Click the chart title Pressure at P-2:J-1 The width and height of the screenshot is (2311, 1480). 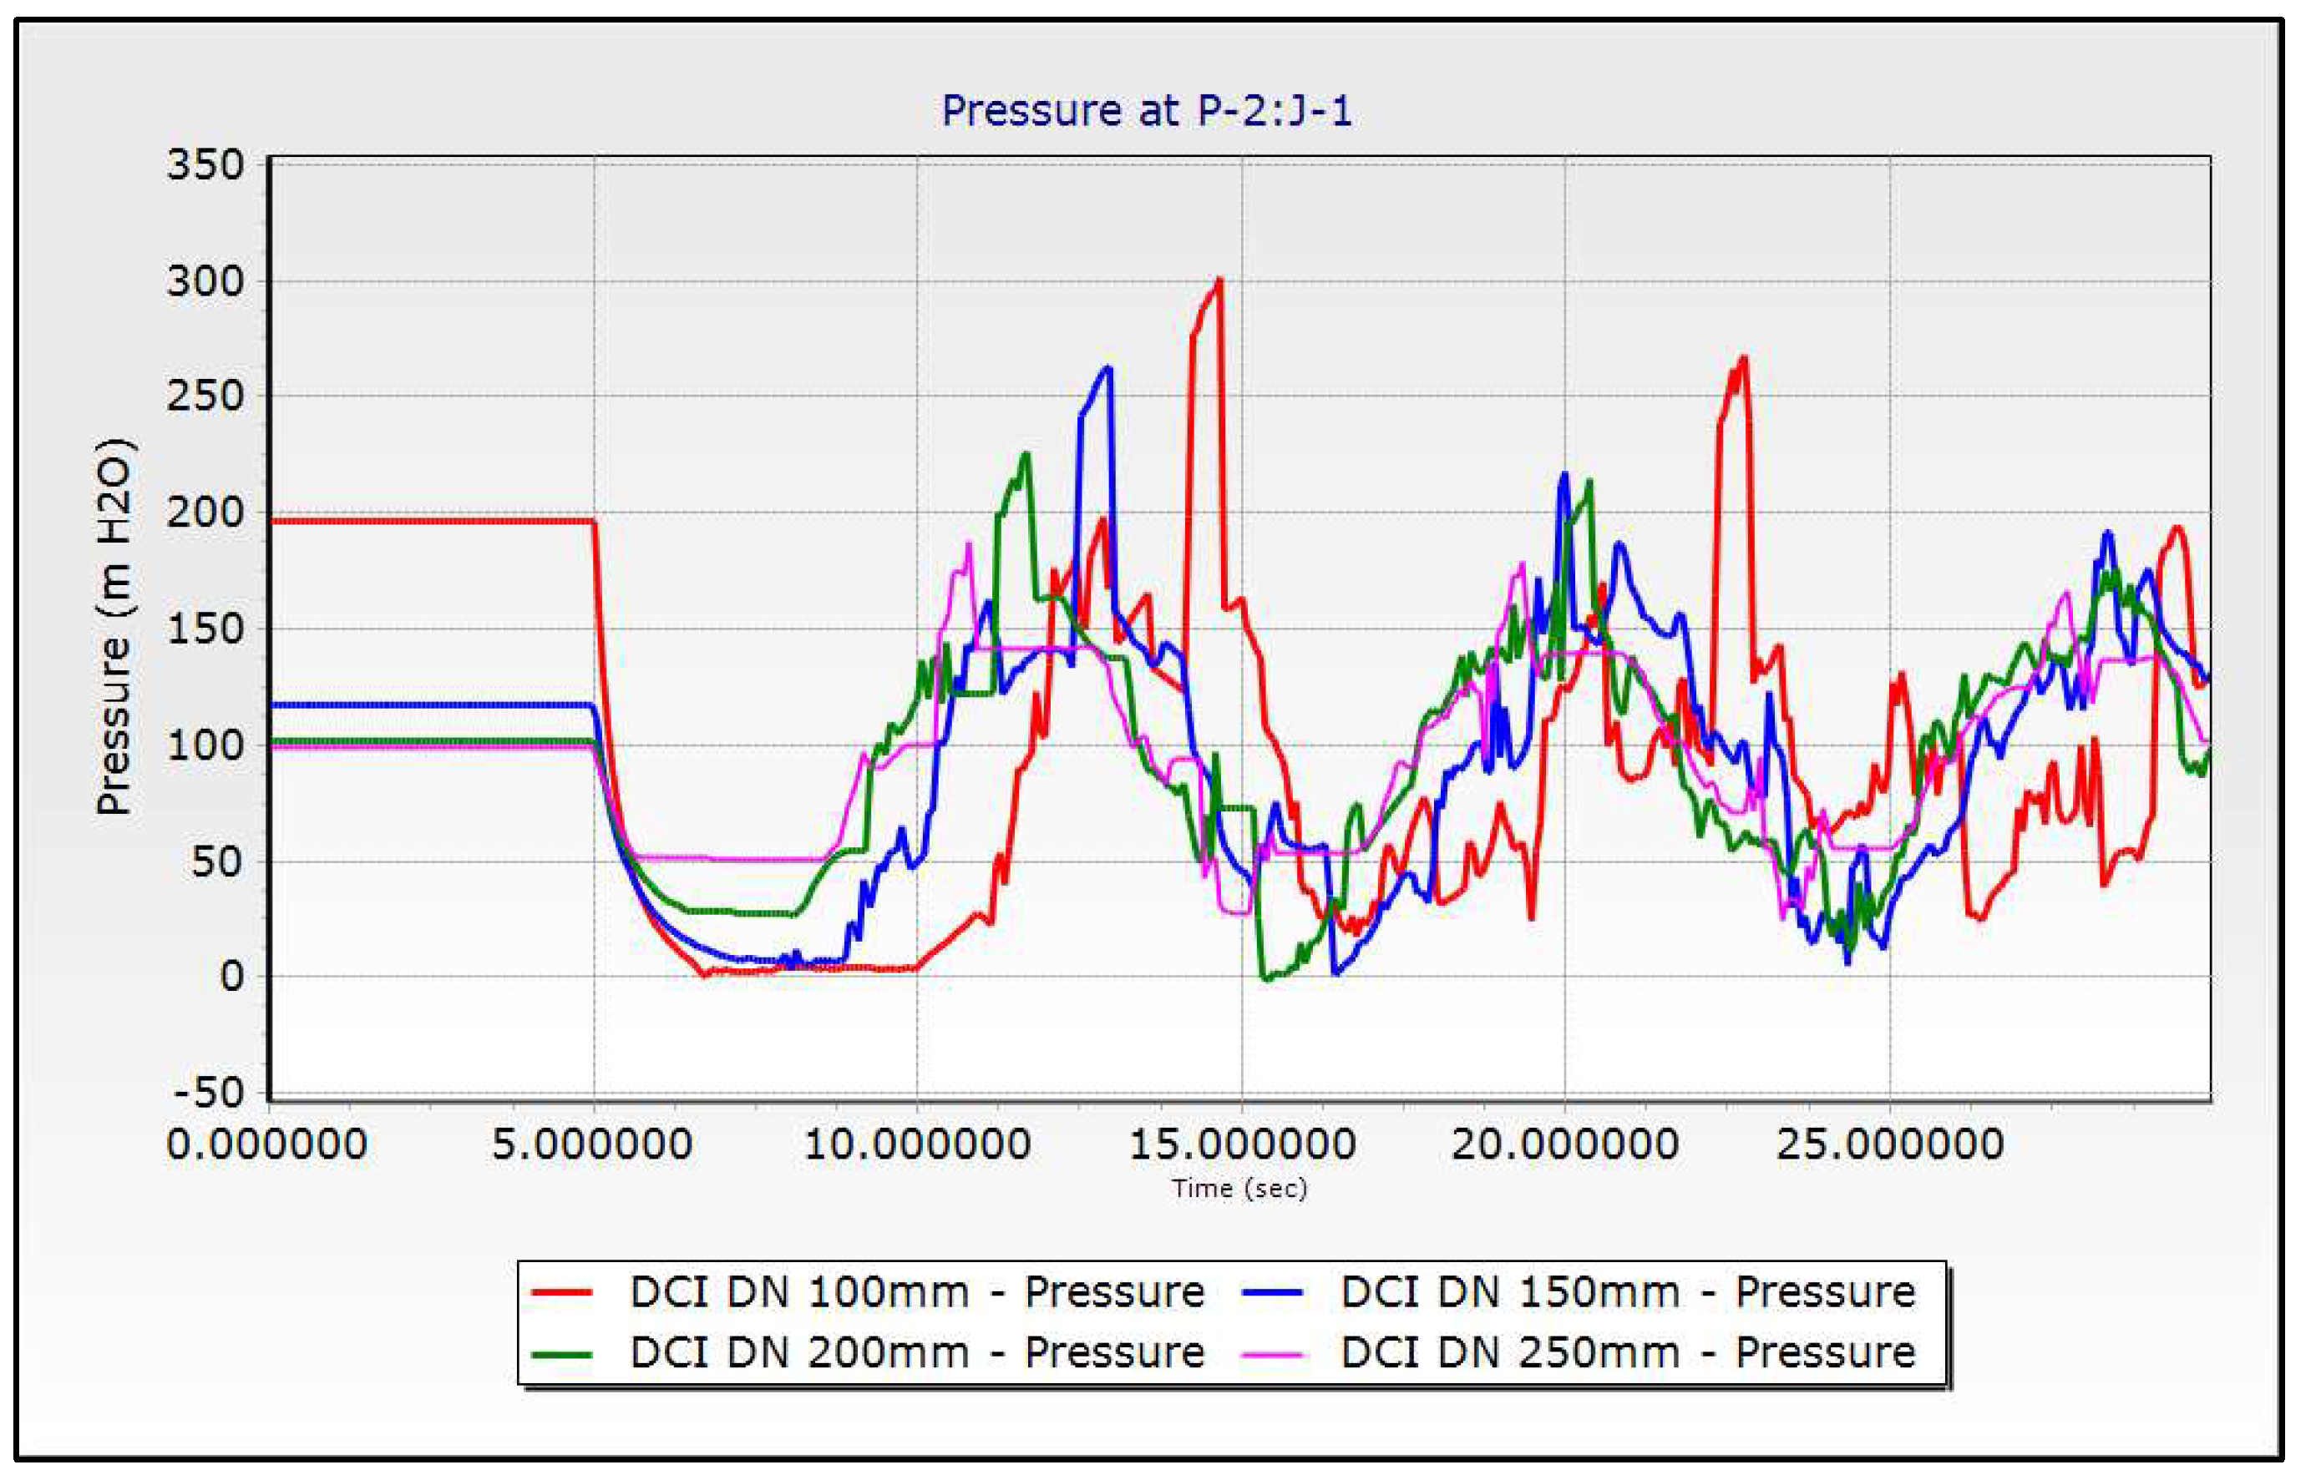click(1147, 112)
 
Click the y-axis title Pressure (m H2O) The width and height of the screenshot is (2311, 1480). click(114, 627)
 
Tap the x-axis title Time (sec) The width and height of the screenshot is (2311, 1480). click(1240, 1189)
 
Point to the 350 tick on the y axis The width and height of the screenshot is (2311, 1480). click(205, 165)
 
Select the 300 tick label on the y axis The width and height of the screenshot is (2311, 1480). click(205, 281)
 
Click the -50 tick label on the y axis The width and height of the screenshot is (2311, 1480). click(210, 1093)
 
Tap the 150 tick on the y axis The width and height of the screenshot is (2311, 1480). click(205, 629)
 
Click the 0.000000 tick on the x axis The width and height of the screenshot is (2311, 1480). click(267, 1144)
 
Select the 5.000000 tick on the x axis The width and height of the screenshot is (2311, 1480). click(592, 1144)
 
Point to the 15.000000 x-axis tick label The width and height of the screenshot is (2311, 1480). click(1242, 1144)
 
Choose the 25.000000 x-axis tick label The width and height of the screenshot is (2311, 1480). click(1890, 1144)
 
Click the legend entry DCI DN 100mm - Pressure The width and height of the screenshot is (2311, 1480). click(917, 1291)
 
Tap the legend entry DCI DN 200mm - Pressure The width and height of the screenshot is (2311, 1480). click(917, 1352)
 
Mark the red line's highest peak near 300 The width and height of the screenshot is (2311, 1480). click(1220, 280)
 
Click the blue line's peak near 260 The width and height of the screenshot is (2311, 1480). click(1108, 367)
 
